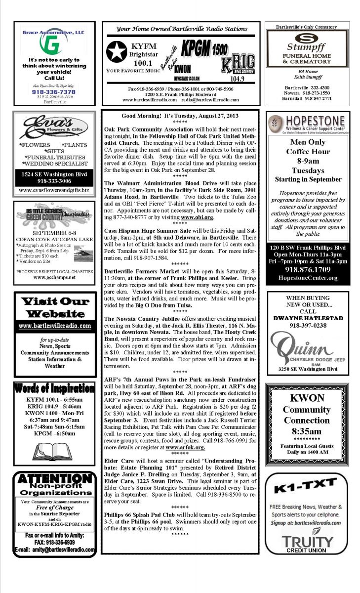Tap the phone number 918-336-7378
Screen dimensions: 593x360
point(54,92)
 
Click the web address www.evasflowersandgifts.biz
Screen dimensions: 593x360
point(54,190)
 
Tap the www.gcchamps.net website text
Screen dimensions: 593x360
point(54,277)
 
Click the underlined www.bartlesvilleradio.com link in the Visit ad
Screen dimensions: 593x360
point(54,326)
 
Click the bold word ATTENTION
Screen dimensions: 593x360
point(54,479)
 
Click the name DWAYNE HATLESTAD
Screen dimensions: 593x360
point(308,318)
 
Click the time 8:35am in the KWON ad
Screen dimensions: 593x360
point(307,431)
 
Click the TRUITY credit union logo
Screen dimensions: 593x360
point(307,542)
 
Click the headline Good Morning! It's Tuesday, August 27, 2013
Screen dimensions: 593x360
point(180,116)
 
